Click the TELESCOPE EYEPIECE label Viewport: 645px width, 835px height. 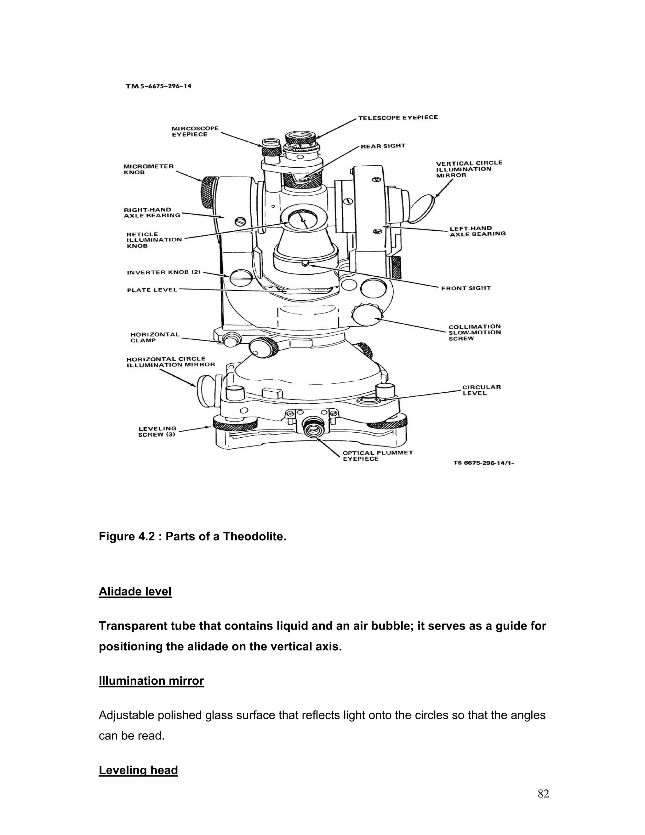pos(397,118)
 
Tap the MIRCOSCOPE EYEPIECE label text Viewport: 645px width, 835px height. pos(195,131)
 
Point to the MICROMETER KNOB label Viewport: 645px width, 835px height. pos(148,169)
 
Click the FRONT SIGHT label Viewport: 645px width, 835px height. pos(465,288)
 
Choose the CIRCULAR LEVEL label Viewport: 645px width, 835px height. pos(481,390)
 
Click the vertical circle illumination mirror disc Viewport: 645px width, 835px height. pos(423,208)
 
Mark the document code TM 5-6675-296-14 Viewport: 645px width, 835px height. pos(158,86)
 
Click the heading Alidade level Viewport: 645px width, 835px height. pos(135,591)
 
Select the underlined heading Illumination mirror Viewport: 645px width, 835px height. pos(151,681)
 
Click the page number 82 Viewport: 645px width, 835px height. pos(543,794)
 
